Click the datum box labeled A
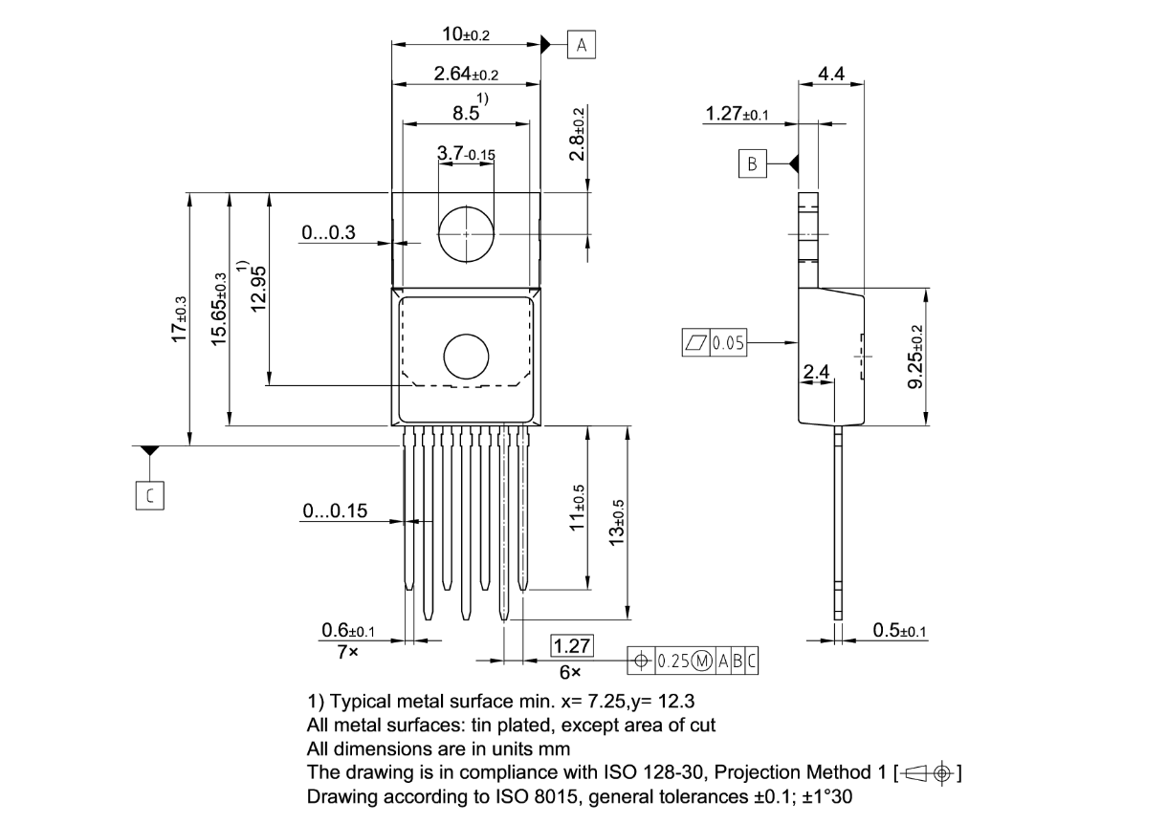(x=581, y=45)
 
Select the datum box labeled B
(x=752, y=163)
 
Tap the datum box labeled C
(x=150, y=495)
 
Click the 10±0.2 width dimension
(x=466, y=34)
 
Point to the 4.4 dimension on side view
(x=831, y=74)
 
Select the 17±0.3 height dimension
(x=179, y=319)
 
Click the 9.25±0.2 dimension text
(x=915, y=357)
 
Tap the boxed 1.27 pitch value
(x=572, y=646)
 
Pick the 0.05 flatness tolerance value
(x=728, y=342)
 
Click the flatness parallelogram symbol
(x=696, y=342)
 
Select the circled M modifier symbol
(x=701, y=661)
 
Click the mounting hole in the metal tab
(x=466, y=234)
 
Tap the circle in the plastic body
(x=466, y=357)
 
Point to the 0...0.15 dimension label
(x=335, y=510)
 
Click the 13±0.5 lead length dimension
(x=617, y=523)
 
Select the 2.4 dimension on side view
(x=816, y=372)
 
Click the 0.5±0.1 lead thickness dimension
(x=900, y=630)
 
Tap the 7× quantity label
(x=347, y=652)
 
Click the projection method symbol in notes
(x=928, y=773)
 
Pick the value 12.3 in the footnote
(x=675, y=701)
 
